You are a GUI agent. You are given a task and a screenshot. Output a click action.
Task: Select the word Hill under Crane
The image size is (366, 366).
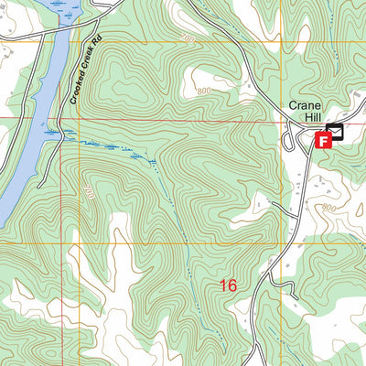point(307,119)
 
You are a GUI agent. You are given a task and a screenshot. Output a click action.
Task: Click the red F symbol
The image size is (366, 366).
point(322,140)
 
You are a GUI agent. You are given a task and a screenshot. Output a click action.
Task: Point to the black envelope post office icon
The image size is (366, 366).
point(335,132)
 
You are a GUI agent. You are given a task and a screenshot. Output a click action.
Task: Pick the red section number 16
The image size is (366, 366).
point(229,286)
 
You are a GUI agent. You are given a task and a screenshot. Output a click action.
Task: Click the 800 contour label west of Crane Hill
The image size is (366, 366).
point(203,91)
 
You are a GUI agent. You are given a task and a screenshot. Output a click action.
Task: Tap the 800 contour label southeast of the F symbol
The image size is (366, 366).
point(328,209)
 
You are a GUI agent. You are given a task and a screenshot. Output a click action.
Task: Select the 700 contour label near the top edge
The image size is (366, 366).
point(188,39)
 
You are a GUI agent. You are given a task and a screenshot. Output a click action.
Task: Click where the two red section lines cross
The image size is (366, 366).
point(279,119)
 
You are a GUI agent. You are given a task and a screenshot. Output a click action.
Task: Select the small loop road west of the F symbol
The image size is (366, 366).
point(290,139)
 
